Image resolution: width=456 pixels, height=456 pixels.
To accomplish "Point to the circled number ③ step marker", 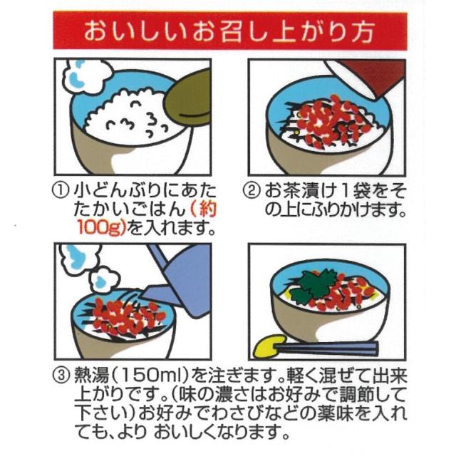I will [x=62, y=374].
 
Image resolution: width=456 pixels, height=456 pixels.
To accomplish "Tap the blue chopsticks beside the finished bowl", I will [x=335, y=349].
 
